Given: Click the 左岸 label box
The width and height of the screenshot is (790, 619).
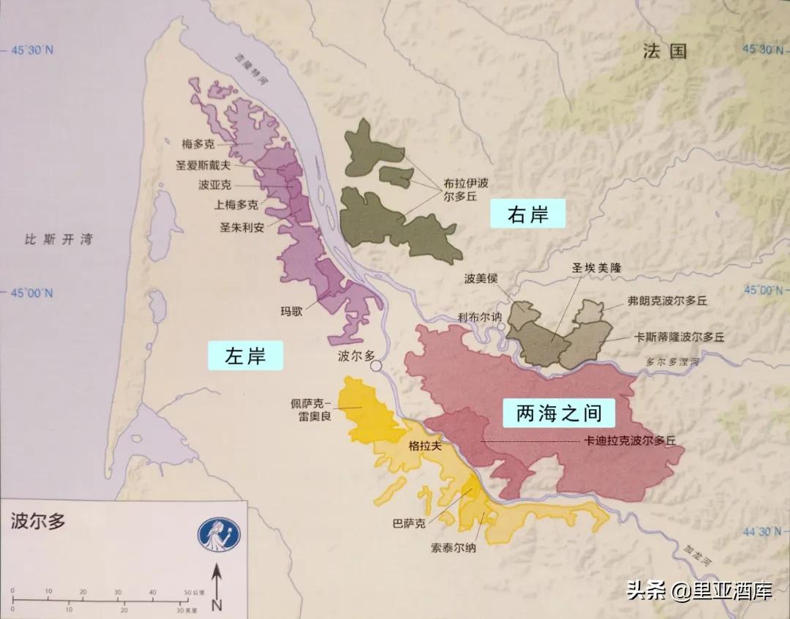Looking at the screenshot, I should click(x=244, y=356).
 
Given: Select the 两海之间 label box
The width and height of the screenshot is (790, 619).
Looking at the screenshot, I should click(x=560, y=414).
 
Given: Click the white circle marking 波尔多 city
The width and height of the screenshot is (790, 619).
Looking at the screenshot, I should click(x=377, y=366).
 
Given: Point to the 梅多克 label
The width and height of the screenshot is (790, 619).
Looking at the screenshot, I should click(x=198, y=144).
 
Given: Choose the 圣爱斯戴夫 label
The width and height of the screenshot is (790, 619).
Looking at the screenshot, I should click(x=203, y=165).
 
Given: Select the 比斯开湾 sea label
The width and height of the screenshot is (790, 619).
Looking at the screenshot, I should click(x=59, y=239).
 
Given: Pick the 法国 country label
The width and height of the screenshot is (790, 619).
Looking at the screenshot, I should click(x=665, y=50).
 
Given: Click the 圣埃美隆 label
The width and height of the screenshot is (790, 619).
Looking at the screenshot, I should click(x=595, y=268).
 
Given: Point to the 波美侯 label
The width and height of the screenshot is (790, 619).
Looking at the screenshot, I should click(x=480, y=278).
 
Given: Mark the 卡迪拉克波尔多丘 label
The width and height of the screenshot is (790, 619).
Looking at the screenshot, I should click(x=628, y=441).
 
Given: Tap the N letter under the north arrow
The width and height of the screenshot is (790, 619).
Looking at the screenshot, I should click(x=217, y=604).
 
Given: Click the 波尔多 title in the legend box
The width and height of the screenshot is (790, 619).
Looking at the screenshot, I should click(x=37, y=521).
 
